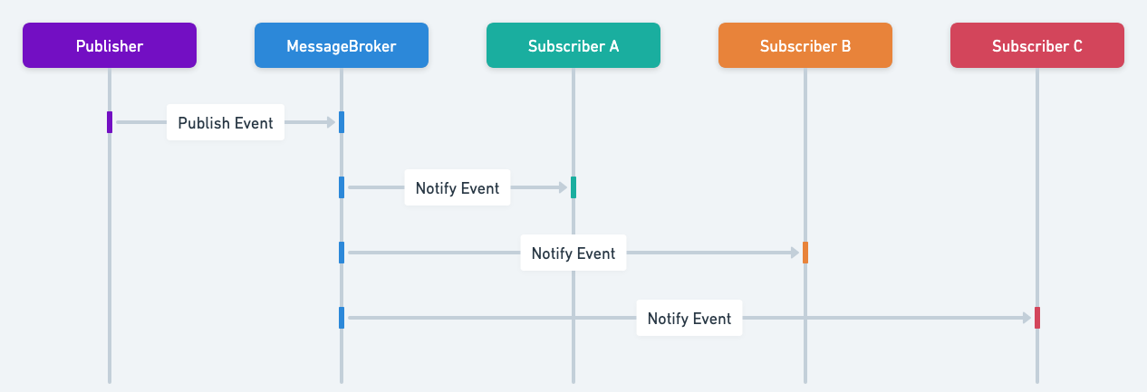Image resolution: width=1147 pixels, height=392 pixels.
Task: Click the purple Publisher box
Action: [x=110, y=46]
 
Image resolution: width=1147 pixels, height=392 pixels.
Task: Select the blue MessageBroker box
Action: [x=342, y=46]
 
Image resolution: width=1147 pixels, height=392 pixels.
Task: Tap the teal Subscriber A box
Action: [x=573, y=46]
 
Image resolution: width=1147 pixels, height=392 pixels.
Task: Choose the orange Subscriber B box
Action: [x=805, y=46]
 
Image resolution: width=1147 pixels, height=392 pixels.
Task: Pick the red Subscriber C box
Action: [x=1037, y=46]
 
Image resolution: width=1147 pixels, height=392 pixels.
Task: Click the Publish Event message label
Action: [x=226, y=122]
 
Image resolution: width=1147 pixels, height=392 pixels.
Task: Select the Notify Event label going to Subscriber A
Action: [x=458, y=187]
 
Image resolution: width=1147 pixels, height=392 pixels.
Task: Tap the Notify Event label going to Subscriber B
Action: [x=573, y=253]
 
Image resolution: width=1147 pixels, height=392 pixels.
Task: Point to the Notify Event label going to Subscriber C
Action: [x=689, y=318]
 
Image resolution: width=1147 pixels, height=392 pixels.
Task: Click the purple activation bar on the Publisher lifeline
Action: [x=110, y=122]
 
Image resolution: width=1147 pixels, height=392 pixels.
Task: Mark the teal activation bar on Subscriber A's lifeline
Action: [x=573, y=187]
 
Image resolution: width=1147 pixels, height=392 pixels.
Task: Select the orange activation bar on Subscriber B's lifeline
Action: [x=805, y=253]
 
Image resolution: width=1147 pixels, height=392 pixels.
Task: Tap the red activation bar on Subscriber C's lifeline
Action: [x=1037, y=318]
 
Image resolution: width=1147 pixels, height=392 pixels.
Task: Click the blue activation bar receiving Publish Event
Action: [x=342, y=122]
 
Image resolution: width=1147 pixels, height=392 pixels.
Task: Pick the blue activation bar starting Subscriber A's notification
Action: [x=342, y=187]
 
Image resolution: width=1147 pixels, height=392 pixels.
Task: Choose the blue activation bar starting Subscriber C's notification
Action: [x=342, y=318]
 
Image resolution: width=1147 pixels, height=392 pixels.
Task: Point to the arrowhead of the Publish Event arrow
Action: [x=332, y=122]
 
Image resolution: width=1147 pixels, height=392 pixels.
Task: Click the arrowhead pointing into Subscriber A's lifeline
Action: [x=564, y=187]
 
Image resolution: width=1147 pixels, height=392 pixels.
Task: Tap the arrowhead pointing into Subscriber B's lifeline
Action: [x=795, y=253]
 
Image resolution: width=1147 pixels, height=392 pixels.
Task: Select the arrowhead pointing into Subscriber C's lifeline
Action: [x=1027, y=318]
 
